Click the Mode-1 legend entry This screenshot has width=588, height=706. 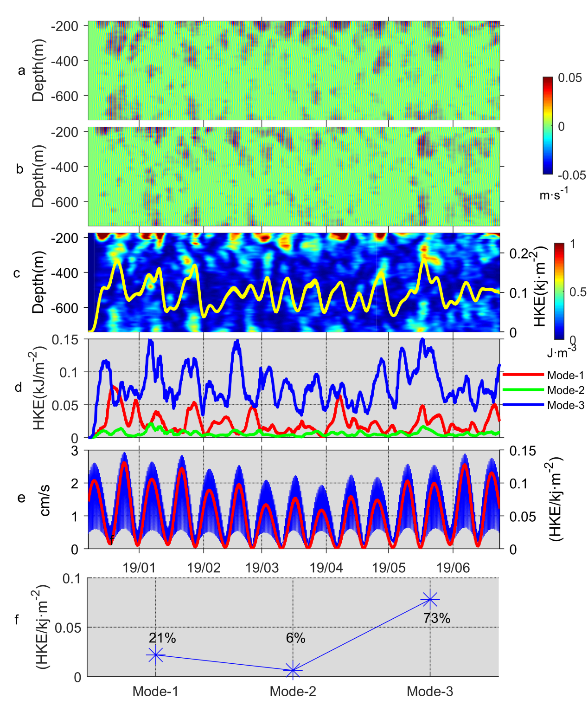[565, 375]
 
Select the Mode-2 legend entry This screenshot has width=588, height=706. [565, 390]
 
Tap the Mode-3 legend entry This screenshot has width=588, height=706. [565, 405]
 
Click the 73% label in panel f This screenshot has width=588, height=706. [436, 618]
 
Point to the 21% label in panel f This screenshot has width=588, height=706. [162, 638]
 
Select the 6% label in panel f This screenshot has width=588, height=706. [295, 638]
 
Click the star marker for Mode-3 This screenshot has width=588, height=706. [430, 599]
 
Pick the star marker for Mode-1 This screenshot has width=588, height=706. [156, 655]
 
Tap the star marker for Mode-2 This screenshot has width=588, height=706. [293, 670]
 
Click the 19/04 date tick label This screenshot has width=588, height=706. [326, 567]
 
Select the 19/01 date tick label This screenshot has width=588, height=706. [139, 567]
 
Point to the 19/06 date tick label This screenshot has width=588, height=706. [453, 567]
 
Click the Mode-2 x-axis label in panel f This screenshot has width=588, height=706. [293, 692]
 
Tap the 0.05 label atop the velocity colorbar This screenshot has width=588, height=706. [570, 78]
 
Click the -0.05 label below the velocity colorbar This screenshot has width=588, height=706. [571, 175]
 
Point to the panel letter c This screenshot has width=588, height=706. [17, 273]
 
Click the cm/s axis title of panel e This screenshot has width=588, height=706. [45, 499]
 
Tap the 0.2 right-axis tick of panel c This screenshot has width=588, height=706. [519, 253]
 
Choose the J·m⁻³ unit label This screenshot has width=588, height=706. [562, 352]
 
